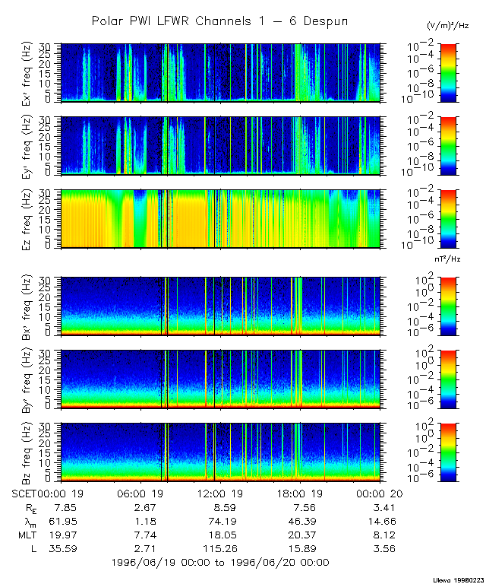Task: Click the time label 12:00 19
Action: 217,494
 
